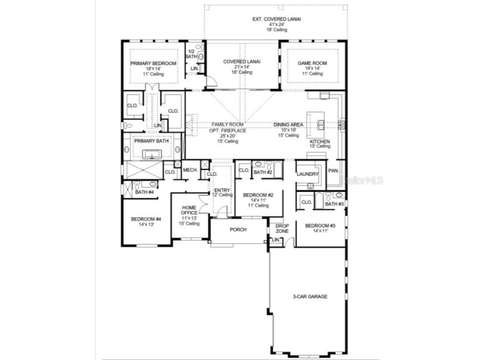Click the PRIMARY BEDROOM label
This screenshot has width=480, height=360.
[153, 63]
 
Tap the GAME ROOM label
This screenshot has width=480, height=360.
[312, 63]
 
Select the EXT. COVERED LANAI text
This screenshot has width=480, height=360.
[277, 19]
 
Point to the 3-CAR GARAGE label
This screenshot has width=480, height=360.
[310, 297]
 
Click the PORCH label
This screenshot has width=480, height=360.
[238, 230]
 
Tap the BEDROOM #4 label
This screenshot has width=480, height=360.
[146, 219]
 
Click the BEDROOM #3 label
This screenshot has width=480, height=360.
[320, 226]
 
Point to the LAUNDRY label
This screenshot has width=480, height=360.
[307, 174]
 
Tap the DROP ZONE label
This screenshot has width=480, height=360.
[282, 228]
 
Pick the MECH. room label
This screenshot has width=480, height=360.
[190, 170]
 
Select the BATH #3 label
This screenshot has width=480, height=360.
[334, 204]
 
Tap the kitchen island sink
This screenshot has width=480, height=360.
[322, 124]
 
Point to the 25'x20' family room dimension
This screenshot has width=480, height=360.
[227, 136]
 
